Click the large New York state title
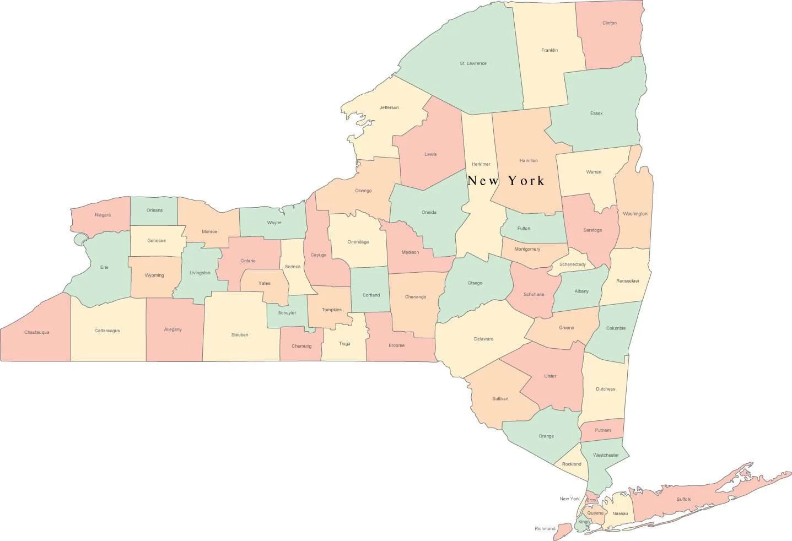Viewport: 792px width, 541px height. pos(506,181)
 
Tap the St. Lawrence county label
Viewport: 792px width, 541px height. pos(473,63)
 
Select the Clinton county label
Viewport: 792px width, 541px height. pos(609,23)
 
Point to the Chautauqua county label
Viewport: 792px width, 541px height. pos(37,332)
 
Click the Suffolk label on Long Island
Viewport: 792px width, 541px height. pos(683,499)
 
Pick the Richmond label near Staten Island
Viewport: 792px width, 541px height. pos(545,528)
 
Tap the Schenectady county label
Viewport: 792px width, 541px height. pos(572,264)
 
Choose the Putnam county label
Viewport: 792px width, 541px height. pos(602,430)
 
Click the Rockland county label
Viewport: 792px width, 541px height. pos(572,464)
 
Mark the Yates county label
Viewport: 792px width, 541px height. pos(265,283)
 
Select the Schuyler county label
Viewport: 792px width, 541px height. pos(287,312)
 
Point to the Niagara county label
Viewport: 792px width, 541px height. pos(103,215)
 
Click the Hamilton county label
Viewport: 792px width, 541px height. pos(528,160)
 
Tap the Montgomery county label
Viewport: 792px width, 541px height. pos(527,249)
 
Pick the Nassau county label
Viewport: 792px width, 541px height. pos(620,513)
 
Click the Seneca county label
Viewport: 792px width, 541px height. pos(293,267)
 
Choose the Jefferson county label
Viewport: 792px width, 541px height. pos(389,107)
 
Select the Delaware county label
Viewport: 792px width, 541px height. pos(483,339)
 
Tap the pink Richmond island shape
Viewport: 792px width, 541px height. pos(562,532)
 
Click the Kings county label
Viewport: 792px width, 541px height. pos(584,521)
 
